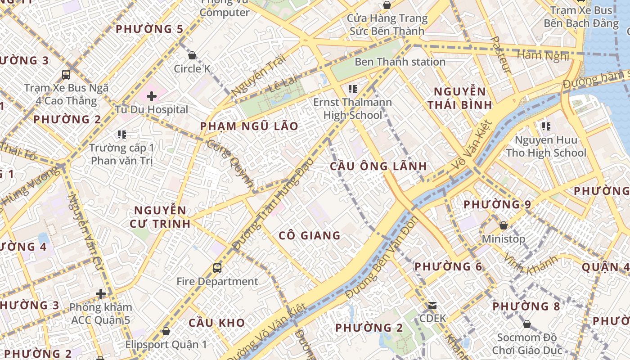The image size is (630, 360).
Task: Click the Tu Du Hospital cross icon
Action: coord(152,96)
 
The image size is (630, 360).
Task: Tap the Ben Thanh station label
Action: coord(400,62)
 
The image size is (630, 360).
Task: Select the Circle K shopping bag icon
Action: coord(192,55)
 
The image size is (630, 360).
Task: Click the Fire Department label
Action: coord(217,282)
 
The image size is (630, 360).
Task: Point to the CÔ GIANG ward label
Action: coord(310,235)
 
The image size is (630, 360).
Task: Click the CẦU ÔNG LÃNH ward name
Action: coord(378,166)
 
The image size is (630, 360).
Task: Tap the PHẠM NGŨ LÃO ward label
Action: coord(249,126)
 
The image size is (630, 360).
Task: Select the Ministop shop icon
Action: coord(504,225)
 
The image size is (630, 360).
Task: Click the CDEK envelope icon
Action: coord(432,306)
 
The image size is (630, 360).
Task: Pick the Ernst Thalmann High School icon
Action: coord(352,89)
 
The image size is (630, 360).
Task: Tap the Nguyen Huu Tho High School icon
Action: coord(546,126)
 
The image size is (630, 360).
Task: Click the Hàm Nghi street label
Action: coord(543,55)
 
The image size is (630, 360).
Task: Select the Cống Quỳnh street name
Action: coord(230,163)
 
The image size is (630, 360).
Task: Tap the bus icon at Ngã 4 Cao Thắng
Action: coord(66,75)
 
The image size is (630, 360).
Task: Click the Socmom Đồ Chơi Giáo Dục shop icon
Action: coord(526,324)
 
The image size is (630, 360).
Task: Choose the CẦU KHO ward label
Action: coord(216,323)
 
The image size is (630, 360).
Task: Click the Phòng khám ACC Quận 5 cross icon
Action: coord(101,294)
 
